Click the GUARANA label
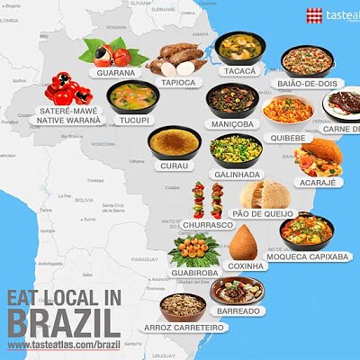(115, 73)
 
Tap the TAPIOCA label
(179, 82)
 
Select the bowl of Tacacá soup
(238, 47)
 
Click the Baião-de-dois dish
(307, 60)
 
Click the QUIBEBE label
(287, 138)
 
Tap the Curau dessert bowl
(175, 142)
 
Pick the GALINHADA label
(237, 174)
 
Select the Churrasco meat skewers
(207, 200)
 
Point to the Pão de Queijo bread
(265, 193)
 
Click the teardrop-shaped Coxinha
(246, 242)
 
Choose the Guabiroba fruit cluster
(193, 247)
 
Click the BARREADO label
(238, 310)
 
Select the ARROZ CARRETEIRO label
(184, 328)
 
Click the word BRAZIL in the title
(63, 322)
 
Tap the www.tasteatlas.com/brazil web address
(63, 345)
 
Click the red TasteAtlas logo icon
(314, 15)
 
